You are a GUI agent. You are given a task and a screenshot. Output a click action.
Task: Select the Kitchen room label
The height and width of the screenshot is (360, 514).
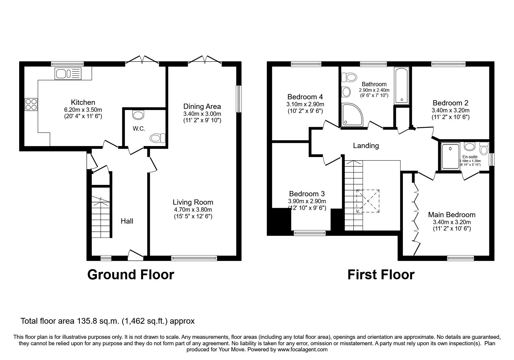(x=83, y=102)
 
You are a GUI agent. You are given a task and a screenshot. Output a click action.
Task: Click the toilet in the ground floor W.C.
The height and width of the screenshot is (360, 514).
(x=158, y=138)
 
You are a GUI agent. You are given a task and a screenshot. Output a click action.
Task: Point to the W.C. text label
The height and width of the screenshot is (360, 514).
(x=139, y=129)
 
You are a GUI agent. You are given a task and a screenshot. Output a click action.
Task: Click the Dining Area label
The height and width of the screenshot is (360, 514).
(x=202, y=106)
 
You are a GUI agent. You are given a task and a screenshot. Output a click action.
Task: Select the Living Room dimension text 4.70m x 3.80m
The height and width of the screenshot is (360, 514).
(x=193, y=210)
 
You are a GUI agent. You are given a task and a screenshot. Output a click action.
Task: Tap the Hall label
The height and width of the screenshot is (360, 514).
(x=127, y=221)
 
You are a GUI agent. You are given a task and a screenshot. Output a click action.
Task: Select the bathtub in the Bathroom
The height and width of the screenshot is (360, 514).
(x=401, y=86)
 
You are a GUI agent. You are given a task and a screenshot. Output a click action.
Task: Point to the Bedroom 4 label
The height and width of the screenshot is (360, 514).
(x=305, y=97)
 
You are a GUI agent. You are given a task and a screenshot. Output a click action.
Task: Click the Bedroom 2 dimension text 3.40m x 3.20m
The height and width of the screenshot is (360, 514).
(x=450, y=110)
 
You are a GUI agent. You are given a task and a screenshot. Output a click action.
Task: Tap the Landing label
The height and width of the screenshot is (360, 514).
(x=366, y=145)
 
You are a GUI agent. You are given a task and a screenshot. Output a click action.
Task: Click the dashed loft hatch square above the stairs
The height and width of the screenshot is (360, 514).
(x=368, y=201)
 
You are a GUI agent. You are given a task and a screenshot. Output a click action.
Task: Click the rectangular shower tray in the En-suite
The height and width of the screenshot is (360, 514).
(x=450, y=156)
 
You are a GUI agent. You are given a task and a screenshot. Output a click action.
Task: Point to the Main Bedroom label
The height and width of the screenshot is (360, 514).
(x=452, y=215)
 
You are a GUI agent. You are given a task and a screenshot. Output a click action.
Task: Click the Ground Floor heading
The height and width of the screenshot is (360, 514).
(x=131, y=274)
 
